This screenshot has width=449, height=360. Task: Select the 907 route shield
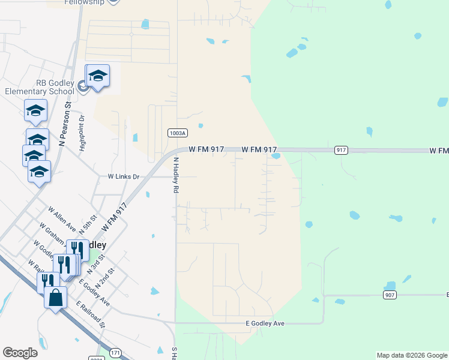click(x=390, y=295)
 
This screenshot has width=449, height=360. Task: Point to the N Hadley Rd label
click(x=176, y=174)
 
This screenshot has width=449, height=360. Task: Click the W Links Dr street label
click(x=123, y=177)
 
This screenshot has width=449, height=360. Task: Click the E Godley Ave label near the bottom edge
click(x=265, y=323)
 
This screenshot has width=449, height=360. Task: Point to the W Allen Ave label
click(x=62, y=220)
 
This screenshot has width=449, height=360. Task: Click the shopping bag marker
click(x=55, y=297)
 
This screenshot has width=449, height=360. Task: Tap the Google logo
click(x=20, y=353)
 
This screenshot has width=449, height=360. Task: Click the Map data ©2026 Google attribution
click(x=412, y=355)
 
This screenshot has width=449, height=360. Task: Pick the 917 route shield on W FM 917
click(x=341, y=150)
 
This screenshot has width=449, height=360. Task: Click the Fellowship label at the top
click(x=84, y=2)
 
